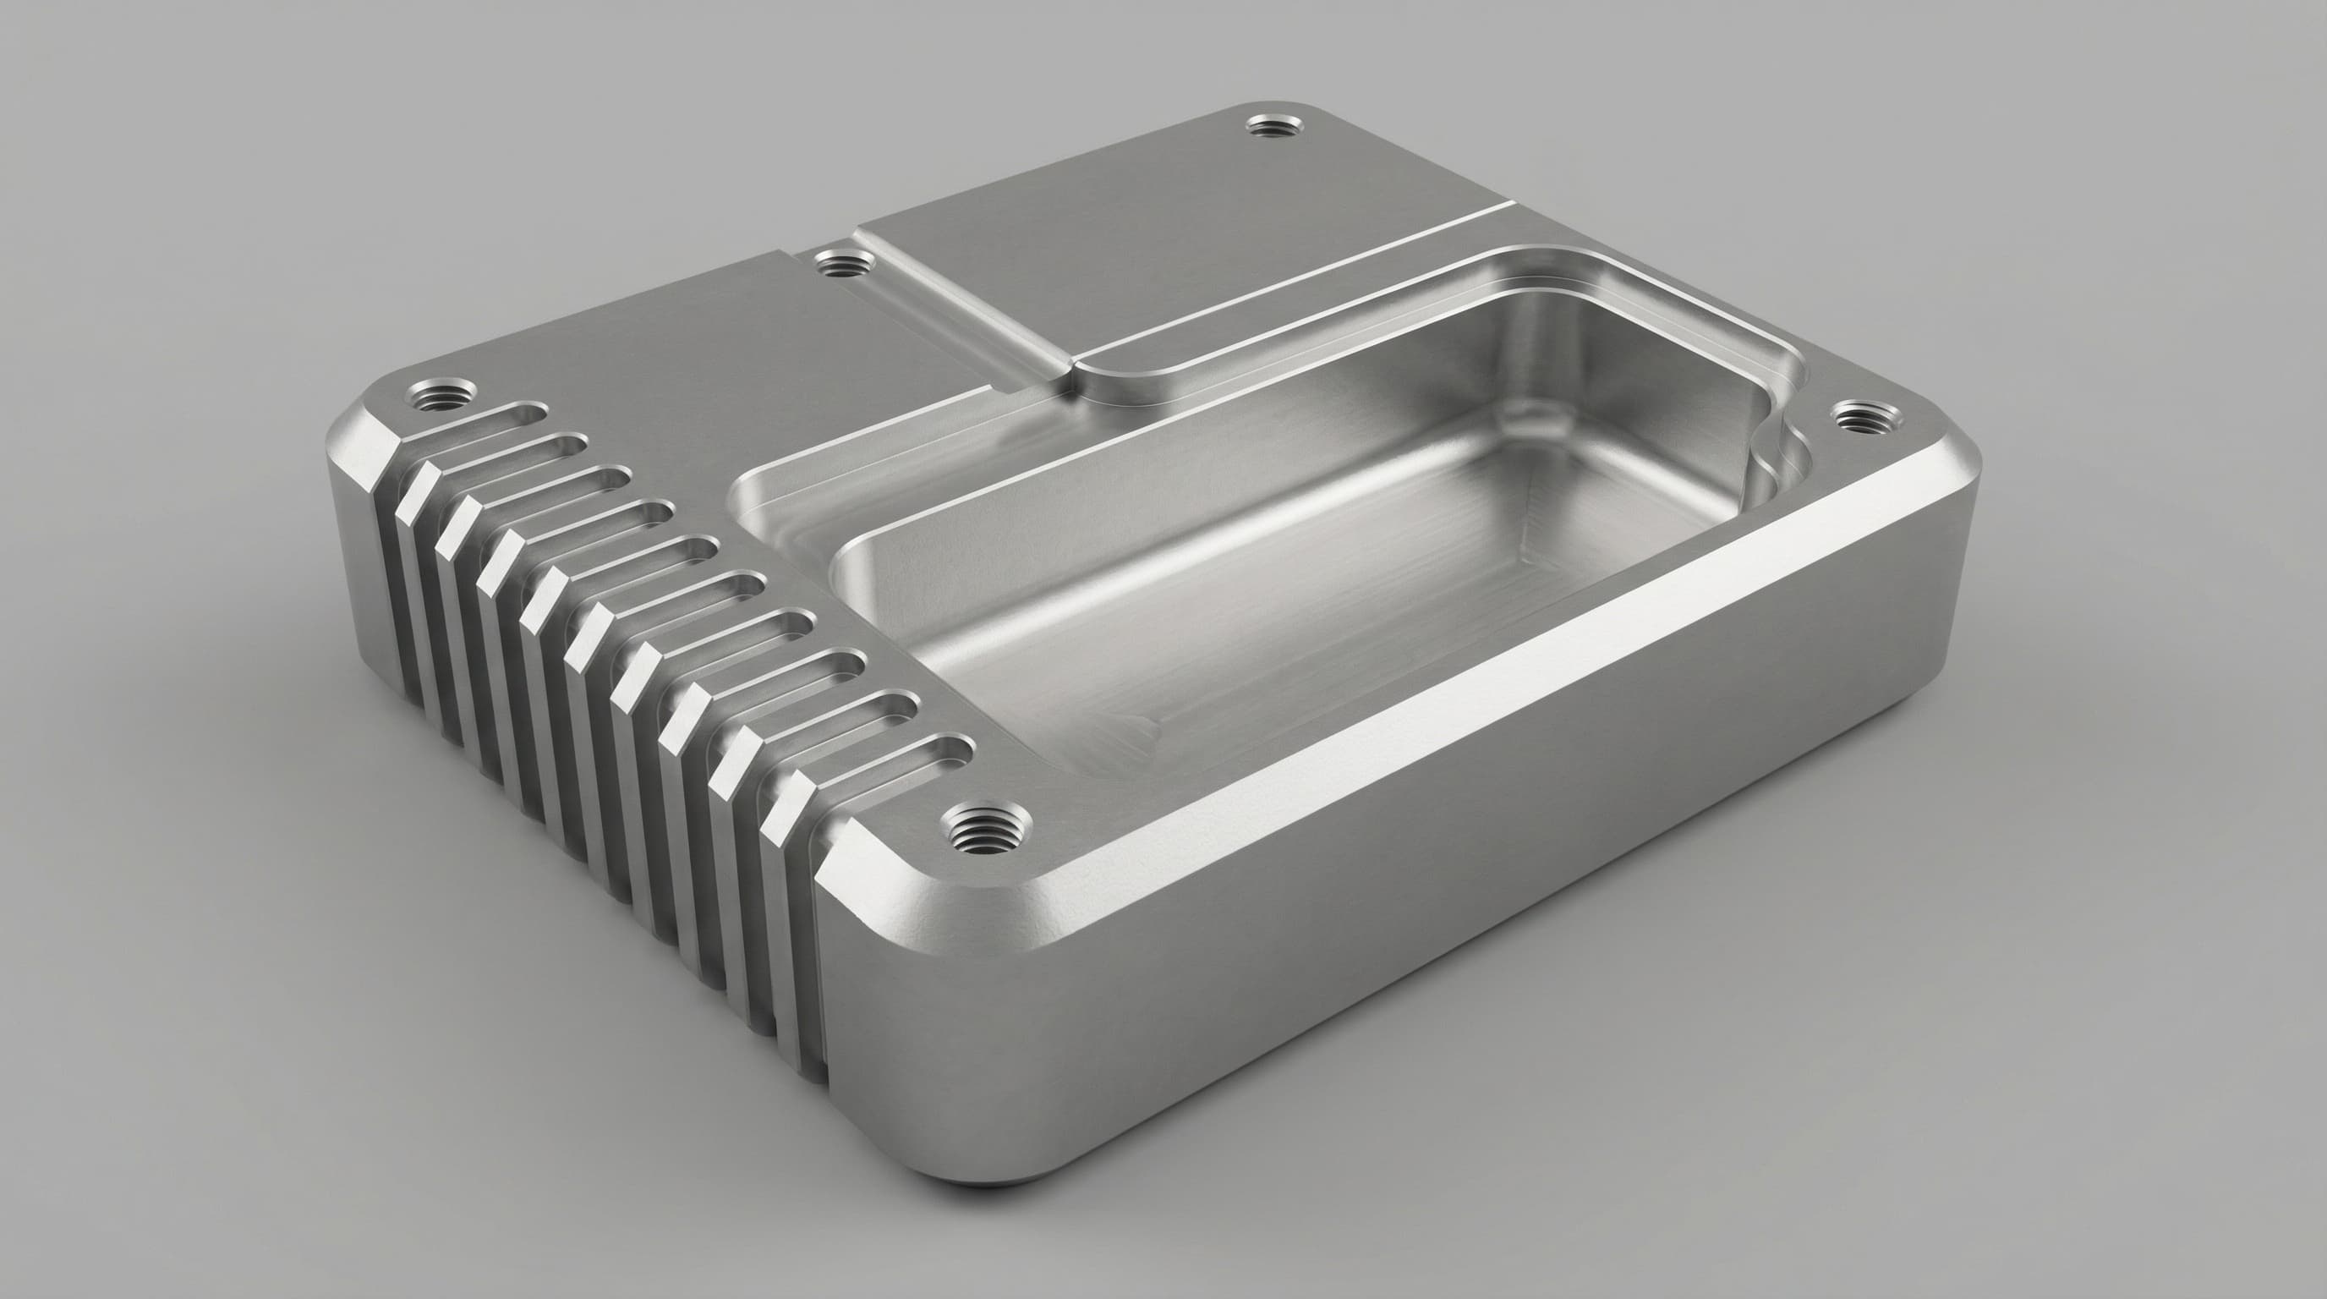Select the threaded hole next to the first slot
[x=441, y=395]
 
